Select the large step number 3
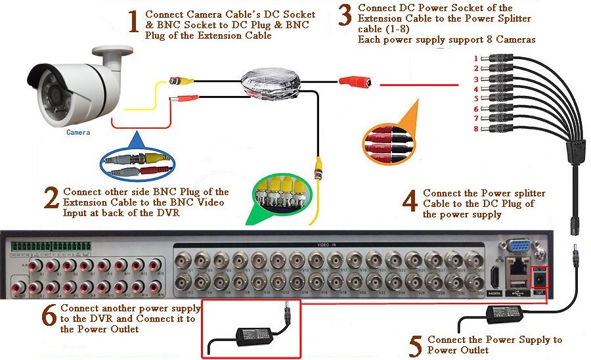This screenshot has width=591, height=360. pos(345,15)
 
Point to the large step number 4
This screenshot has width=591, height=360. pos(410,201)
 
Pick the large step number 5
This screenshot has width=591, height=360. pos(414,346)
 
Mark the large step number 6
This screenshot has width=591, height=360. pos(49,315)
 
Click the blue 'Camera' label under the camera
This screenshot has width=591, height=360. pos(78,132)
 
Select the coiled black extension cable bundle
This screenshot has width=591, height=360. pos(269,83)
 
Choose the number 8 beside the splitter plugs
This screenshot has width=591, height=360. pos(475,129)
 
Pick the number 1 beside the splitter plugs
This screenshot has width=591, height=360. pos(475,58)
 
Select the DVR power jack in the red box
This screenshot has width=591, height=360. pos(539,279)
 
